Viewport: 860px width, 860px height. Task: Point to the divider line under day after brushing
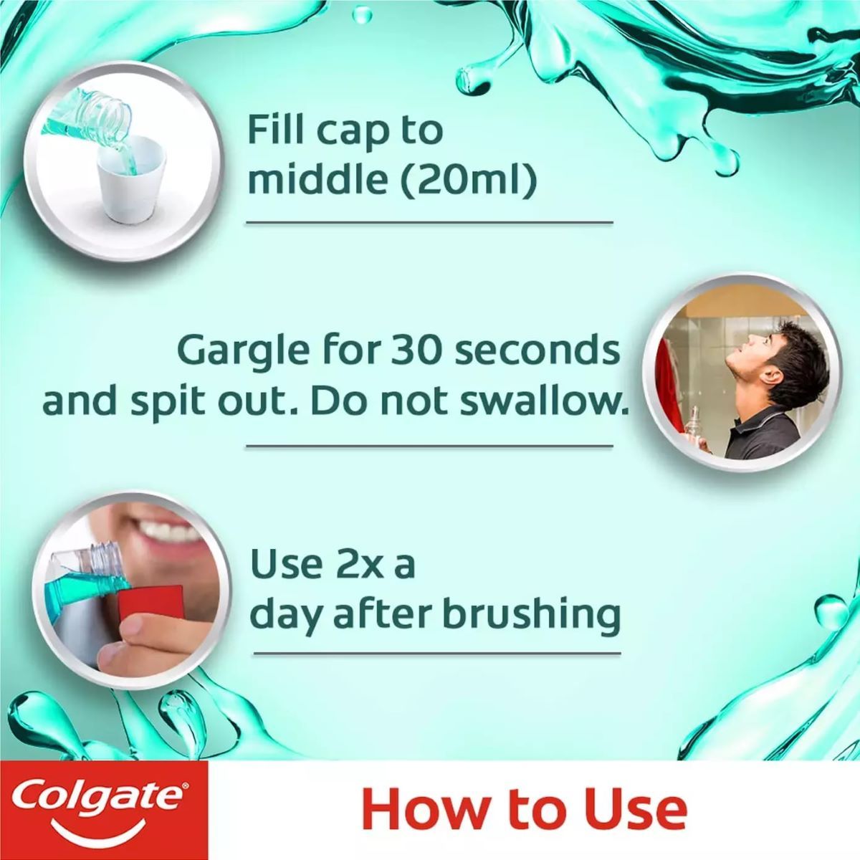tap(437, 654)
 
